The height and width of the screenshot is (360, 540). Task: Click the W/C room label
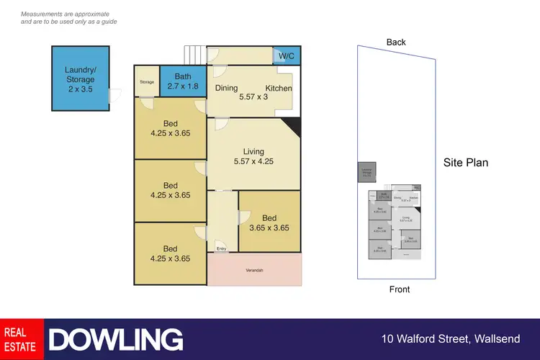287,55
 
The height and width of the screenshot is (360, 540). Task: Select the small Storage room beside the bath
146,82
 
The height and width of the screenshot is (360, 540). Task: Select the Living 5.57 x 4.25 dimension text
253,162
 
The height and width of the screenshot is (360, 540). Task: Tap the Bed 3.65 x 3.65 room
269,222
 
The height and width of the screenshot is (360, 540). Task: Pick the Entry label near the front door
222,249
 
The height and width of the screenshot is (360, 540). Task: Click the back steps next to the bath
194,55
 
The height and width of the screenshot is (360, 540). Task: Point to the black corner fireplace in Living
291,128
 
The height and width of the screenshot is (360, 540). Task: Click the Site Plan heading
466,163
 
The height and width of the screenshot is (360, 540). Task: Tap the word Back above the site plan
396,42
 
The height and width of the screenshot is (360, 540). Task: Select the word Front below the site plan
399,289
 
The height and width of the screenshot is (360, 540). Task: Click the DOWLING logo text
116,339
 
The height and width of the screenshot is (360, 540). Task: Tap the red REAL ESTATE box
22,339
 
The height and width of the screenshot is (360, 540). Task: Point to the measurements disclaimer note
68,18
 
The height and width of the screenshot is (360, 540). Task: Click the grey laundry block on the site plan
367,172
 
